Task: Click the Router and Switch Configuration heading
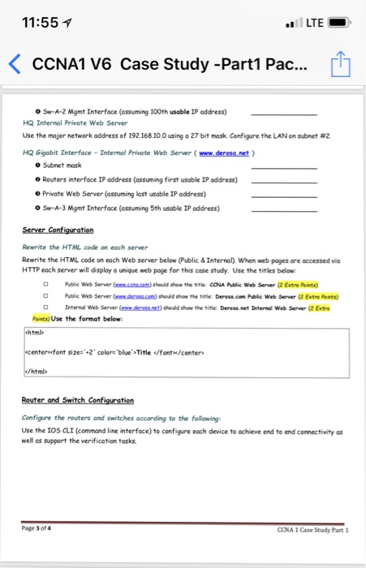(x=78, y=400)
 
